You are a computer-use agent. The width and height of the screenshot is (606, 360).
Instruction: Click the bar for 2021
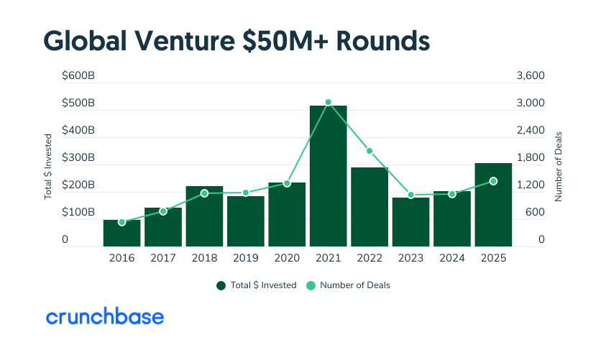point(328,176)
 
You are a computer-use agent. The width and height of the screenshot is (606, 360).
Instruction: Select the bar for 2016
point(121,233)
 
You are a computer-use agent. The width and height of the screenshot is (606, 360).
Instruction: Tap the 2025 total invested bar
point(493,205)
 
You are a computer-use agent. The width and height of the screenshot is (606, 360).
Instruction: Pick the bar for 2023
point(410,222)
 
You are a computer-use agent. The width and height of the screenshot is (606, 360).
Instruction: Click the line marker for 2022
point(369,151)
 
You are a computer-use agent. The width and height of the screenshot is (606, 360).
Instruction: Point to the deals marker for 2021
point(328,103)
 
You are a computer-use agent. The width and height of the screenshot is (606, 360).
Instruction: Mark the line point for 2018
point(204,193)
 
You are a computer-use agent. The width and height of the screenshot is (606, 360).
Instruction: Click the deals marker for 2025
point(493,181)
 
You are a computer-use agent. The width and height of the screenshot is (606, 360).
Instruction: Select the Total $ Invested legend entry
point(257,285)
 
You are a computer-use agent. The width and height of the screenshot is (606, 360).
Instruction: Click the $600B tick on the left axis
point(78,75)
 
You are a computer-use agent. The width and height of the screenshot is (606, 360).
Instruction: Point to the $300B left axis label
point(78,157)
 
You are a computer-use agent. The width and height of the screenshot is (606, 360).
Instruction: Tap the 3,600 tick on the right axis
point(531,75)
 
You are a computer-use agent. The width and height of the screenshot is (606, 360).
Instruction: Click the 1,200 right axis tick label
point(531,185)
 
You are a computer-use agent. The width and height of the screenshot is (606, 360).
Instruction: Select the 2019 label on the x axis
point(245,257)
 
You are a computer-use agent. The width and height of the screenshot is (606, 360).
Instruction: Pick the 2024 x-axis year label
point(451,257)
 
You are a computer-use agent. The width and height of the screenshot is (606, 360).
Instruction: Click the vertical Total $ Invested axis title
point(49,165)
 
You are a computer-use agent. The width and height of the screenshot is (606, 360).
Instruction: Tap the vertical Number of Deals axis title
point(559,165)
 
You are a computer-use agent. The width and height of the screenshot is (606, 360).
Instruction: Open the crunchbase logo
point(105,316)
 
